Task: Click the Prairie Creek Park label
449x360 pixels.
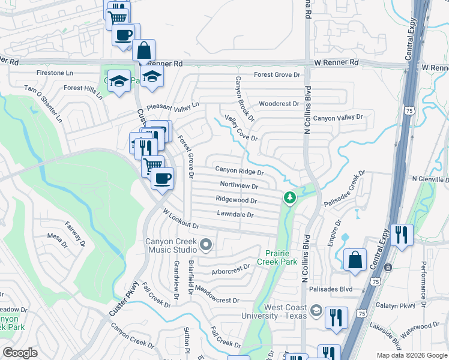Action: pyautogui.click(x=277, y=257)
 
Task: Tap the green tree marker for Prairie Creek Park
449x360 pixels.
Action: pyautogui.click(x=290, y=197)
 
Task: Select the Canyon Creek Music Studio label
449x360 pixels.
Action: pyautogui.click(x=171, y=245)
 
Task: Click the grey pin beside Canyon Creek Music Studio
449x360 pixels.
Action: pyautogui.click(x=206, y=244)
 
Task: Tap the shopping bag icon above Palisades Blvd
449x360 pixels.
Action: pyautogui.click(x=355, y=260)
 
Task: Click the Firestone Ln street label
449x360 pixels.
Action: pyautogui.click(x=44, y=73)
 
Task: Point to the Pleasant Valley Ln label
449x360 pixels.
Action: pyautogui.click(x=172, y=107)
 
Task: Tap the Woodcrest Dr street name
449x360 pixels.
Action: pyautogui.click(x=279, y=104)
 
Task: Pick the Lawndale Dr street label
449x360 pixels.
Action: pyautogui.click(x=234, y=214)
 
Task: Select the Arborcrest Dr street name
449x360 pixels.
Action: pyautogui.click(x=231, y=269)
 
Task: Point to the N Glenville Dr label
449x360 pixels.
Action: pyautogui.click(x=430, y=179)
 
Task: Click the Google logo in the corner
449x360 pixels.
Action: pyautogui.click(x=20, y=353)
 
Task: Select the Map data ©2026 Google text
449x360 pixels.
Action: pyautogui.click(x=411, y=355)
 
